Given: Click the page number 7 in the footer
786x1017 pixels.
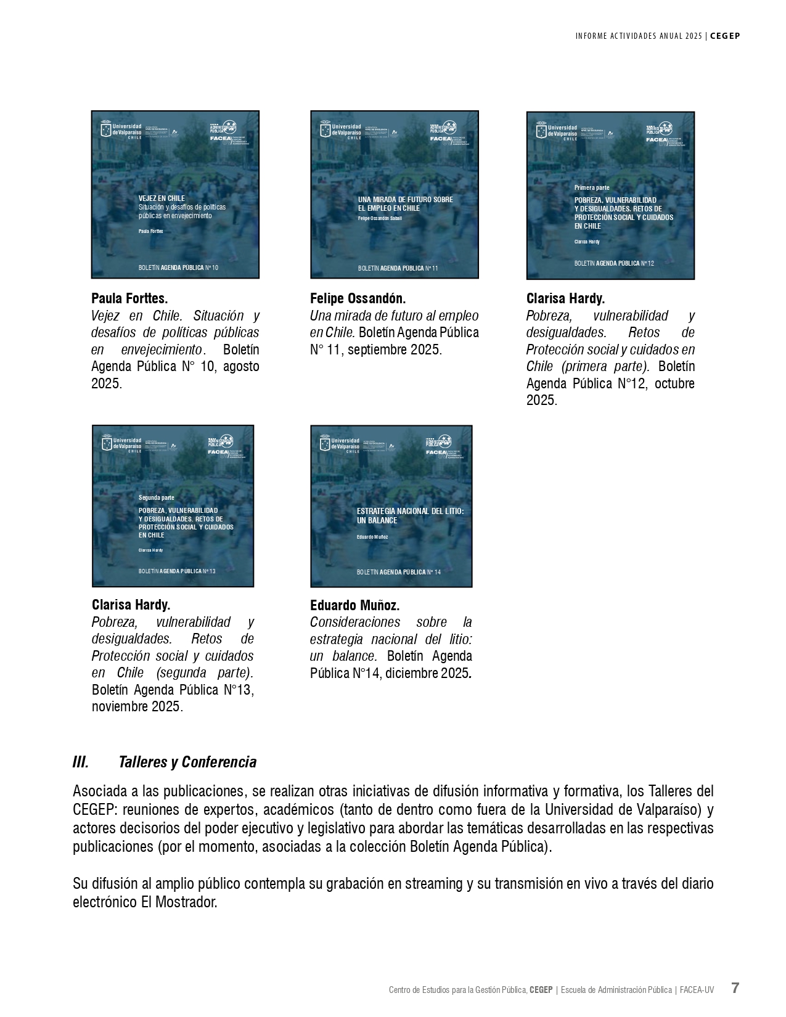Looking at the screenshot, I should [735, 988].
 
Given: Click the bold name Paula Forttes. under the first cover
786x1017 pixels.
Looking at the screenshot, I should [129, 299].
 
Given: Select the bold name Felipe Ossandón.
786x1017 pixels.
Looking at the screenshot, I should [358, 299].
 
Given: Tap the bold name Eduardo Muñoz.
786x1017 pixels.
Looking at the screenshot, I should [354, 605].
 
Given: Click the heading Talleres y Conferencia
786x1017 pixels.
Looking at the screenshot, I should [187, 762].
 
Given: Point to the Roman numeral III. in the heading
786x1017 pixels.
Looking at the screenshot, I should [81, 762].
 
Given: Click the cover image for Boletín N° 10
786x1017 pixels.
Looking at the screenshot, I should [175, 194].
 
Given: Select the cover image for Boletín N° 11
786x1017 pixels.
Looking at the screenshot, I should [394, 194].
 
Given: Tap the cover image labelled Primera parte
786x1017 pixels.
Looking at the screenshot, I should [610, 195].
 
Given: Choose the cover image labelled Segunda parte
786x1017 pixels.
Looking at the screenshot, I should [173, 505].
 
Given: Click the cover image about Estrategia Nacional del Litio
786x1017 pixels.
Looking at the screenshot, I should [391, 505].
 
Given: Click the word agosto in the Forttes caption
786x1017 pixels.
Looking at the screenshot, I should [241, 366].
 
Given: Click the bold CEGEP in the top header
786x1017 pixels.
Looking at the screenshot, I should [725, 36].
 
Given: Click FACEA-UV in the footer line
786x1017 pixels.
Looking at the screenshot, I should [697, 990].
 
